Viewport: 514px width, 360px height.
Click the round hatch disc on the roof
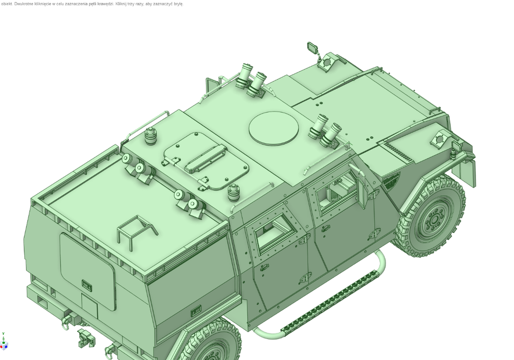[274, 128]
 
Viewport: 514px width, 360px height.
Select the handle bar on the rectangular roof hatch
[206, 160]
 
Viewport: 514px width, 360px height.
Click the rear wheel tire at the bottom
[210, 343]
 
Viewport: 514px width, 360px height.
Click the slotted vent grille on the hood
[397, 151]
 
